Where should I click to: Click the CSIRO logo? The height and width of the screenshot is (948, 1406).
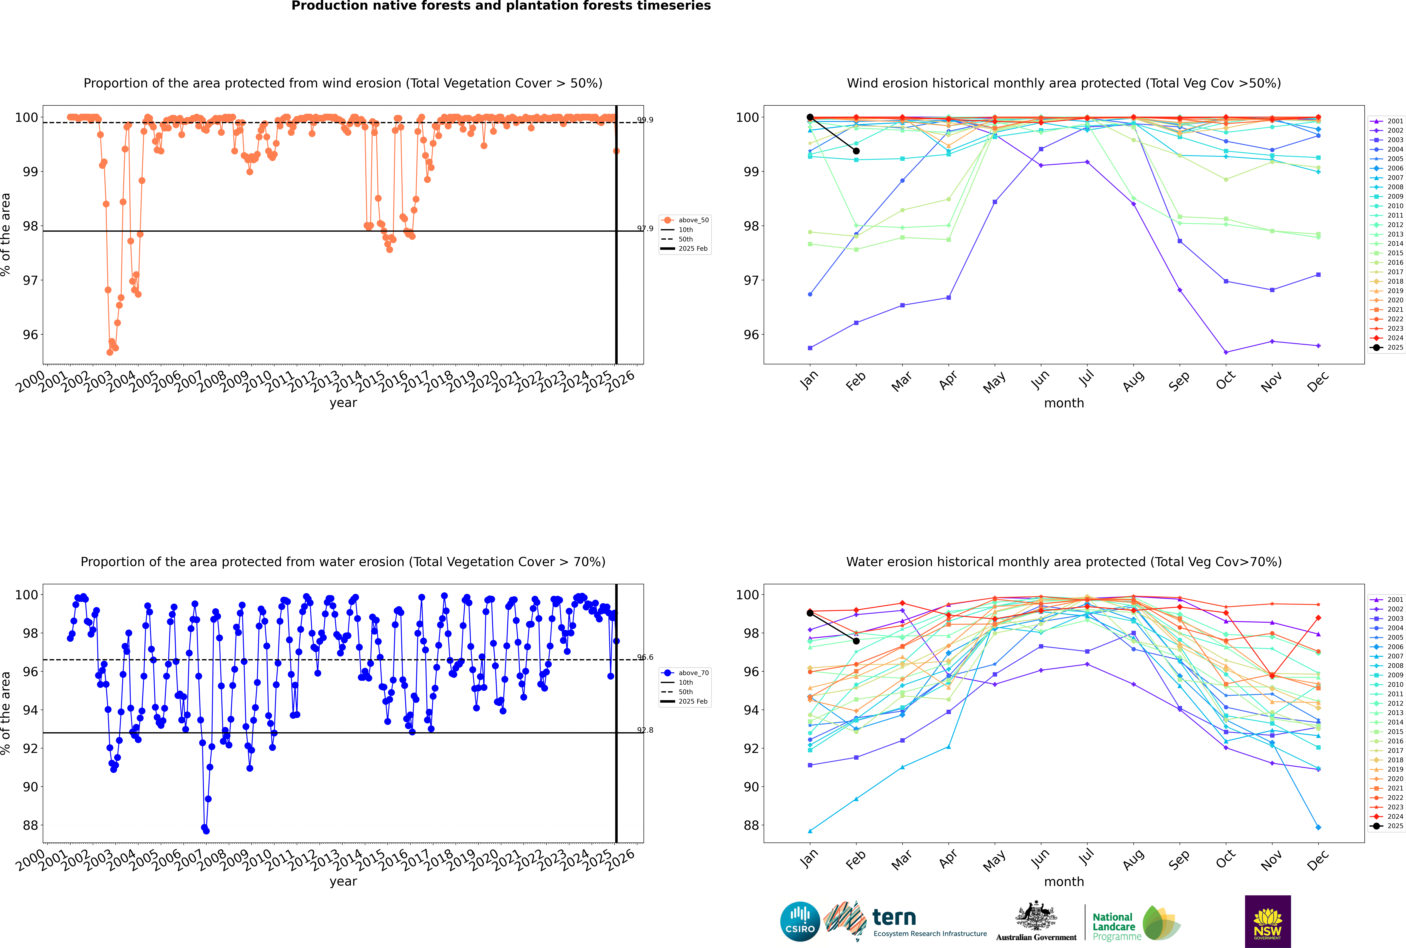pyautogui.click(x=800, y=921)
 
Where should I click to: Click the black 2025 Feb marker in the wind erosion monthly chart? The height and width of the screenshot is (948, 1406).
pyautogui.click(x=856, y=151)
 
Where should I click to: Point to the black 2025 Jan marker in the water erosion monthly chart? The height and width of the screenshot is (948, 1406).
pyautogui.click(x=810, y=613)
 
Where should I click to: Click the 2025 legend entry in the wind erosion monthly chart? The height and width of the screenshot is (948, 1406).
pyautogui.click(x=1387, y=348)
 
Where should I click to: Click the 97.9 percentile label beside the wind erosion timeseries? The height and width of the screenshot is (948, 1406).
pyautogui.click(x=645, y=229)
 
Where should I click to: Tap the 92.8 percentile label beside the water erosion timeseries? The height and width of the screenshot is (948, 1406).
pyautogui.click(x=645, y=730)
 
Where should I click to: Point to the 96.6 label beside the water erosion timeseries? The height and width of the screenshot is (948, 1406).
pyautogui.click(x=645, y=657)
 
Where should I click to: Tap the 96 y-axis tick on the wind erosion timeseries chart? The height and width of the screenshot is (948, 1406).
pyautogui.click(x=30, y=335)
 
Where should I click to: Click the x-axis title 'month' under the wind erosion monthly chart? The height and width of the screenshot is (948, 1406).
pyautogui.click(x=1064, y=403)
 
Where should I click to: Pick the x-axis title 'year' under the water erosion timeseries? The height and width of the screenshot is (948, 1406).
pyautogui.click(x=343, y=882)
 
